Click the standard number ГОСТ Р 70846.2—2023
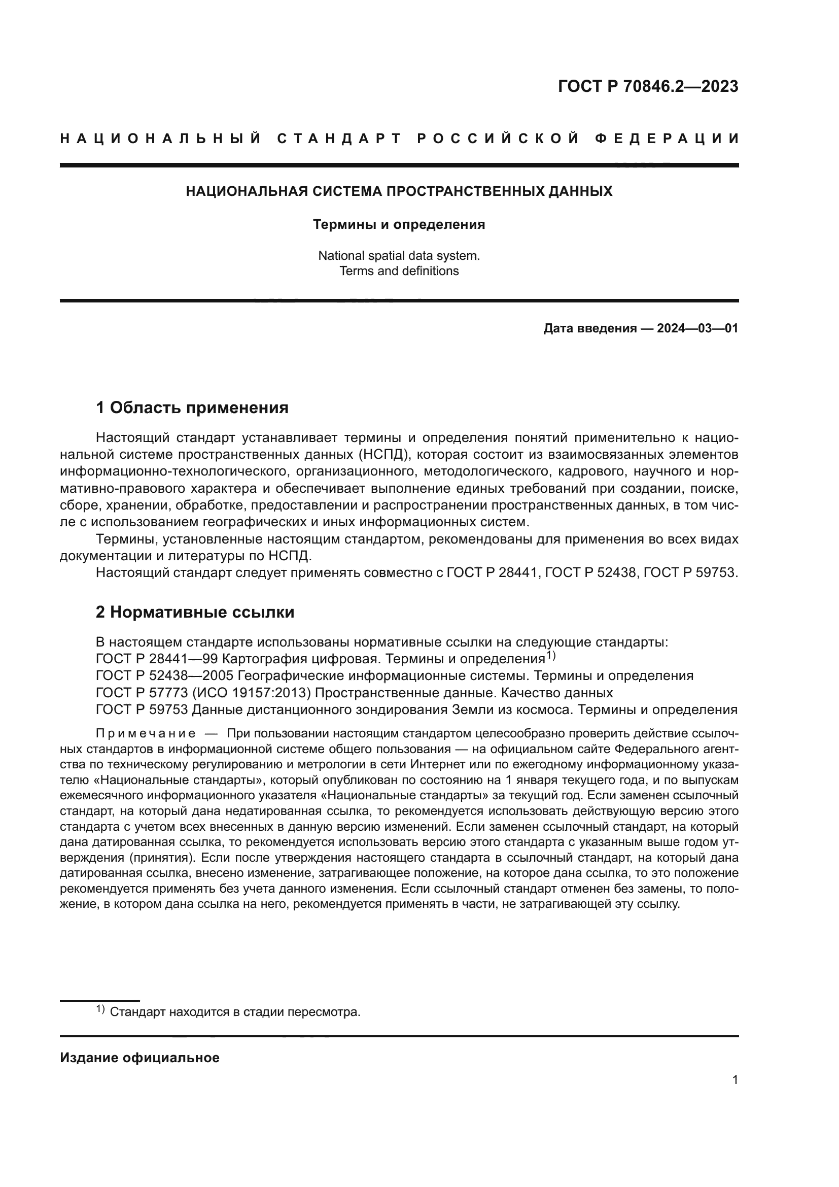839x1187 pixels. pyautogui.click(x=648, y=86)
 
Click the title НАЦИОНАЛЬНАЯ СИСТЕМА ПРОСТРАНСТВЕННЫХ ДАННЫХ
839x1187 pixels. pyautogui.click(x=399, y=191)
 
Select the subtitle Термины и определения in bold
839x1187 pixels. pyautogui.click(x=399, y=224)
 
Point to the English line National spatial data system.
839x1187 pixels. pyautogui.click(x=399, y=255)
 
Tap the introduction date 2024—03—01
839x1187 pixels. pyautogui.click(x=697, y=328)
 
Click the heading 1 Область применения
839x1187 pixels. pyautogui.click(x=192, y=408)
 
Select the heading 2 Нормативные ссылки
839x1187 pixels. pyautogui.click(x=195, y=612)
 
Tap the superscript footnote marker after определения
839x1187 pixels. pyautogui.click(x=551, y=656)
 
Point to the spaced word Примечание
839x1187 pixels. pyautogui.click(x=146, y=734)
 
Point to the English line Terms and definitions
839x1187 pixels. pyautogui.click(x=399, y=271)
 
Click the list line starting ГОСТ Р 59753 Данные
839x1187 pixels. pyautogui.click(x=416, y=710)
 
